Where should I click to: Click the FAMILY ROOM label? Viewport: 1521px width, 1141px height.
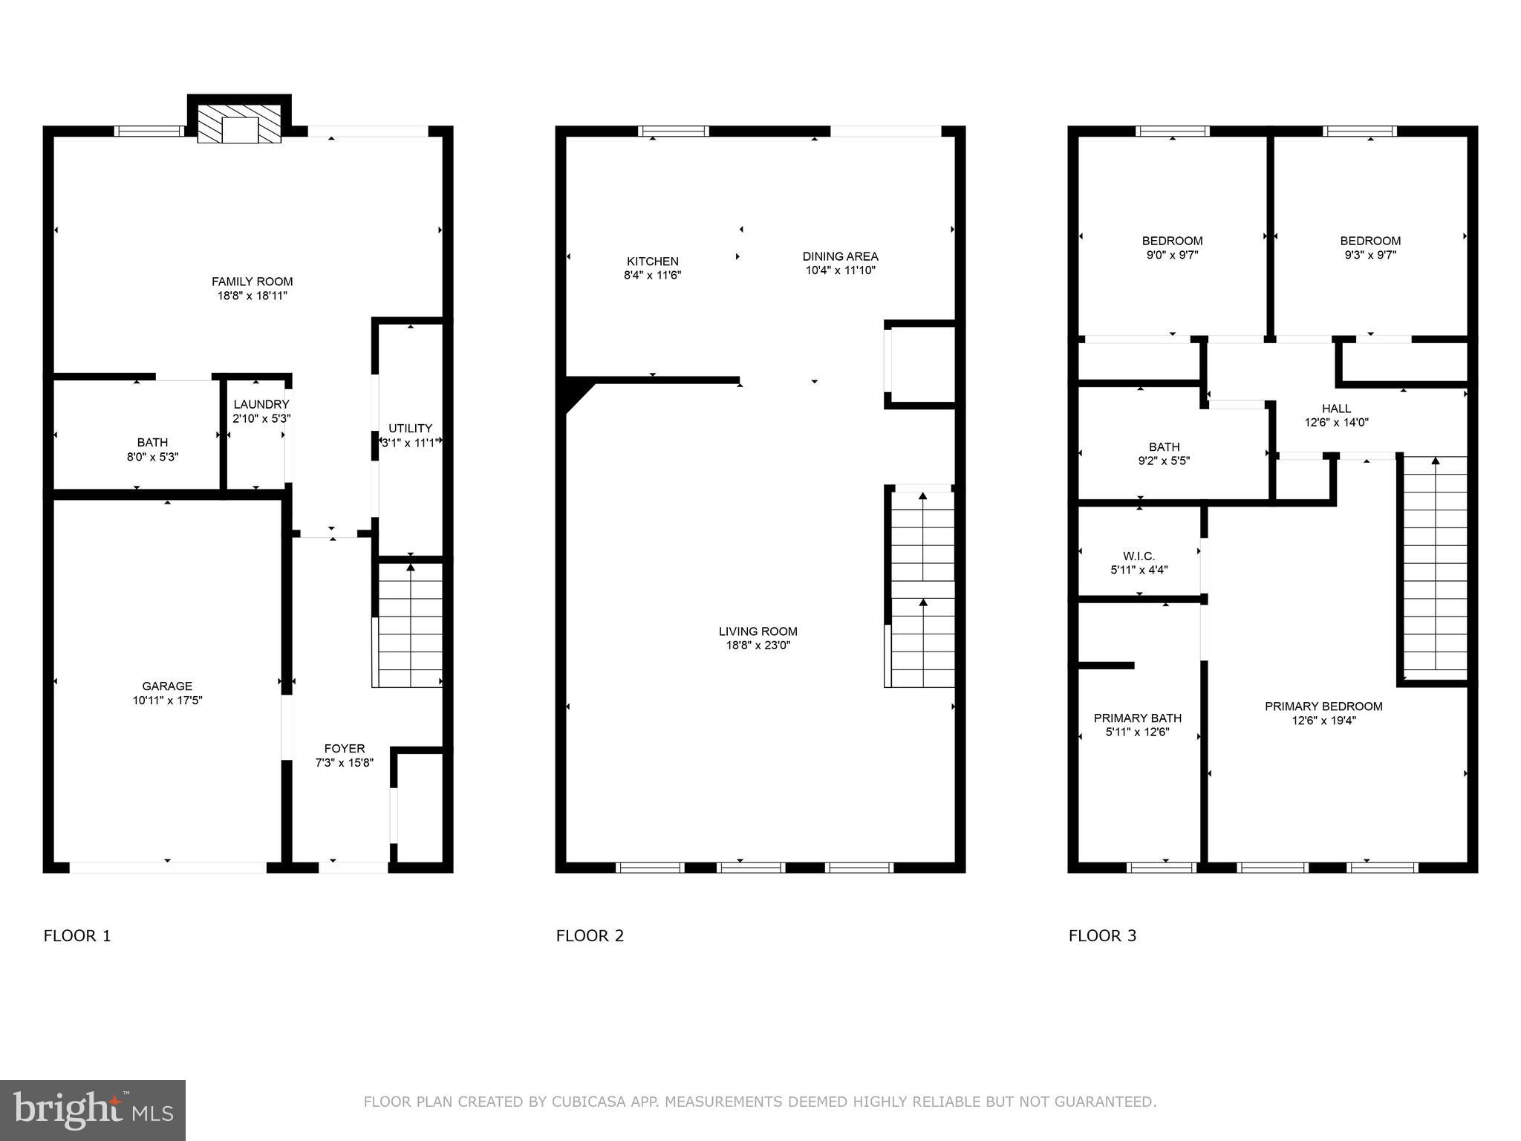pyautogui.click(x=252, y=282)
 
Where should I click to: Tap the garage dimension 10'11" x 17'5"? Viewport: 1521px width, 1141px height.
pyautogui.click(x=167, y=700)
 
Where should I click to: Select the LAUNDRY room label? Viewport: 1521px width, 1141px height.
pyautogui.click(x=261, y=404)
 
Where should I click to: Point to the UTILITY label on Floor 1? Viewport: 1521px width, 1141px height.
pyautogui.click(x=410, y=429)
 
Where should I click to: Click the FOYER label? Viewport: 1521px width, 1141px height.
pyautogui.click(x=344, y=749)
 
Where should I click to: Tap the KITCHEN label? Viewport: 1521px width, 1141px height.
pyautogui.click(x=652, y=261)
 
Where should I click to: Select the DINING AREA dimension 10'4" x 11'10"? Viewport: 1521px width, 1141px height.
pyautogui.click(x=840, y=271)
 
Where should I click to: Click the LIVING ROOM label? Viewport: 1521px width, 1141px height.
pyautogui.click(x=758, y=631)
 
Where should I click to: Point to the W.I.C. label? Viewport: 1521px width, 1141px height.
pyautogui.click(x=1139, y=556)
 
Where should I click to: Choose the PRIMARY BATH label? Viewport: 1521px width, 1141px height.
pyautogui.click(x=1137, y=718)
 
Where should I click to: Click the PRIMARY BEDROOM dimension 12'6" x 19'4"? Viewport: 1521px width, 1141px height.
pyautogui.click(x=1323, y=721)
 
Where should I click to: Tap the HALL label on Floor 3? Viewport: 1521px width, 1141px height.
pyautogui.click(x=1336, y=409)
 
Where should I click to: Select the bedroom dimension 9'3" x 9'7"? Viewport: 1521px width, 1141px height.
pyautogui.click(x=1370, y=255)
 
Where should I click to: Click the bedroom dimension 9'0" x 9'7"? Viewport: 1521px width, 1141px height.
pyautogui.click(x=1172, y=255)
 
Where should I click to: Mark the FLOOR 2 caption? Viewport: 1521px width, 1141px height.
pyautogui.click(x=590, y=936)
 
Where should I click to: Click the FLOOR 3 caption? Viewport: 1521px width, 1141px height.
pyautogui.click(x=1102, y=936)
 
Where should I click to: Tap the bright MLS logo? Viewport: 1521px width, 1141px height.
pyautogui.click(x=93, y=1110)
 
